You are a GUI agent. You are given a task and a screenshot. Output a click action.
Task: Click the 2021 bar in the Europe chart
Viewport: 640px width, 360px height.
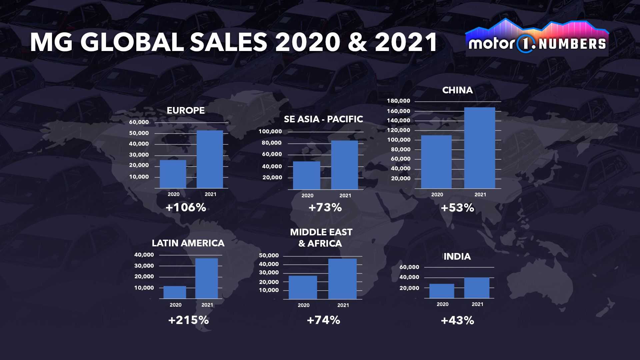click(x=210, y=159)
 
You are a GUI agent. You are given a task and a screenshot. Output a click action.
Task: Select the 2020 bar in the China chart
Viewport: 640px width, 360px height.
click(x=436, y=162)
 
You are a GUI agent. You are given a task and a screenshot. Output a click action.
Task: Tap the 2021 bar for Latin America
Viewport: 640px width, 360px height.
click(x=207, y=278)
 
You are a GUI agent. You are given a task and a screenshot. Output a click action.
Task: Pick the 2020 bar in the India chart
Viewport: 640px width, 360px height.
click(x=442, y=291)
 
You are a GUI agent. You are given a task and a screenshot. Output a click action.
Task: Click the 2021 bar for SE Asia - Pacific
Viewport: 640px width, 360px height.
click(x=344, y=165)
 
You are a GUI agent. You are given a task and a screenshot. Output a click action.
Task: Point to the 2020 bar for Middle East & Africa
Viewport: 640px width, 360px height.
click(x=303, y=287)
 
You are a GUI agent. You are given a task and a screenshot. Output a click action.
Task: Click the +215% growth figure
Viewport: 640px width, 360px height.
click(x=188, y=320)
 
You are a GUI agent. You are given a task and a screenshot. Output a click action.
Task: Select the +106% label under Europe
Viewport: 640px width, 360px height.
click(x=186, y=208)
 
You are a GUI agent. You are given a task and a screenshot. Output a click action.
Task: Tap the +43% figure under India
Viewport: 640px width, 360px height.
click(x=457, y=321)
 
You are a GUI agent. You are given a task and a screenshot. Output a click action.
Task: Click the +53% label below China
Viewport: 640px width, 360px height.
click(x=457, y=208)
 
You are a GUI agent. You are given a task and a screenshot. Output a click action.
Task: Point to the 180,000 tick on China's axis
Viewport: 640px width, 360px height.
click(x=398, y=101)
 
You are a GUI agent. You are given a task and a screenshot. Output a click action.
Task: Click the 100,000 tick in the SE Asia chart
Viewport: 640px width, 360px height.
click(x=270, y=132)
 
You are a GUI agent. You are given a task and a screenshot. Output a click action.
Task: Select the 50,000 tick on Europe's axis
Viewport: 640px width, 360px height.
click(x=139, y=133)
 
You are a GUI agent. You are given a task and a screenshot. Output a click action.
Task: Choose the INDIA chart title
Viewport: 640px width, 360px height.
click(x=457, y=257)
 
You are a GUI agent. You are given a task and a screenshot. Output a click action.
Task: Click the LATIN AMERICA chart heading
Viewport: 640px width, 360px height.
click(x=188, y=243)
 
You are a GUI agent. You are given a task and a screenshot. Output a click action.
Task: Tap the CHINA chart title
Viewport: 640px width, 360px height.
click(x=457, y=90)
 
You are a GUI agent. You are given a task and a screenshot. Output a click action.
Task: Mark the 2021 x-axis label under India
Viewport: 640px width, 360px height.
click(x=477, y=304)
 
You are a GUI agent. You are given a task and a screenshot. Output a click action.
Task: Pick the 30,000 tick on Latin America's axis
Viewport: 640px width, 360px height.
click(x=144, y=266)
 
